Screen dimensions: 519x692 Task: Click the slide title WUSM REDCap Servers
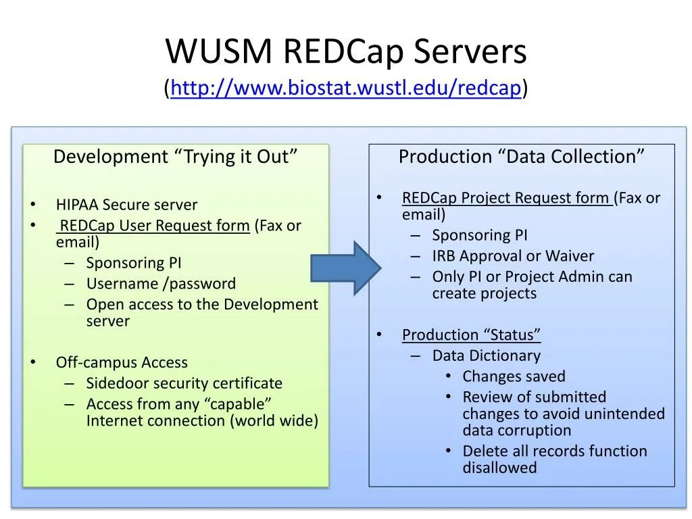point(346,52)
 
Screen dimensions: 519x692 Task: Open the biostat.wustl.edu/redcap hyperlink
point(346,88)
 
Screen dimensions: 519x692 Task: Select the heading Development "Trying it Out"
point(176,157)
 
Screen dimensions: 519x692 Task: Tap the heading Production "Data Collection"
point(521,157)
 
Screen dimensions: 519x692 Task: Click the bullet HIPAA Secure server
point(126,205)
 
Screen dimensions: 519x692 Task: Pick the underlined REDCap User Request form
point(155,226)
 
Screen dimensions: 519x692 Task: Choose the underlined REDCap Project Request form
point(506,198)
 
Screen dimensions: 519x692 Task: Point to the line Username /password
point(161,284)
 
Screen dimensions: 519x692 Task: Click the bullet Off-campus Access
point(122,362)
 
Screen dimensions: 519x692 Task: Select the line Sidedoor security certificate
point(184,383)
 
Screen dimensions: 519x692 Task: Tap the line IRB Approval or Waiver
point(513,256)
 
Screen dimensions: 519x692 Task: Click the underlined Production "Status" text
point(471,335)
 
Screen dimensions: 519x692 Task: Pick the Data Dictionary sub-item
point(486,355)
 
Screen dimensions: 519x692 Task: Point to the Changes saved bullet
point(514,376)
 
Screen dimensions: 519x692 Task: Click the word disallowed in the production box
point(499,468)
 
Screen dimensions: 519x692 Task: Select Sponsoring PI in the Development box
point(134,263)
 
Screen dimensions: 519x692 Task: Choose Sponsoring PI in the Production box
point(480,235)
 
